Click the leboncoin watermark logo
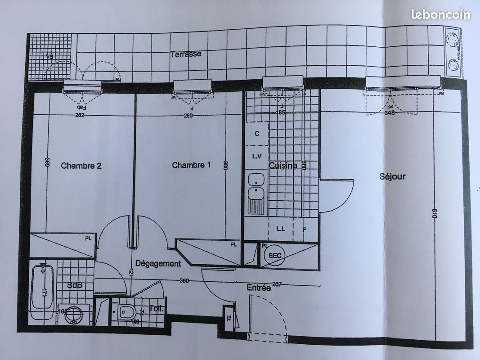click(440, 14)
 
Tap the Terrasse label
click(186, 54)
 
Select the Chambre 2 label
click(81, 166)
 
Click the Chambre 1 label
click(191, 165)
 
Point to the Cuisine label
click(283, 166)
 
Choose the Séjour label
click(392, 176)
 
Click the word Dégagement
click(158, 264)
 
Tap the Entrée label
click(259, 288)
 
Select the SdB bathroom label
click(75, 285)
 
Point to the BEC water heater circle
click(275, 256)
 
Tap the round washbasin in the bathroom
click(73, 315)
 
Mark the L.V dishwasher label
click(257, 156)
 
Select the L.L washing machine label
click(281, 229)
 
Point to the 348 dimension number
click(390, 113)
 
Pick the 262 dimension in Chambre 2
click(79, 116)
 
